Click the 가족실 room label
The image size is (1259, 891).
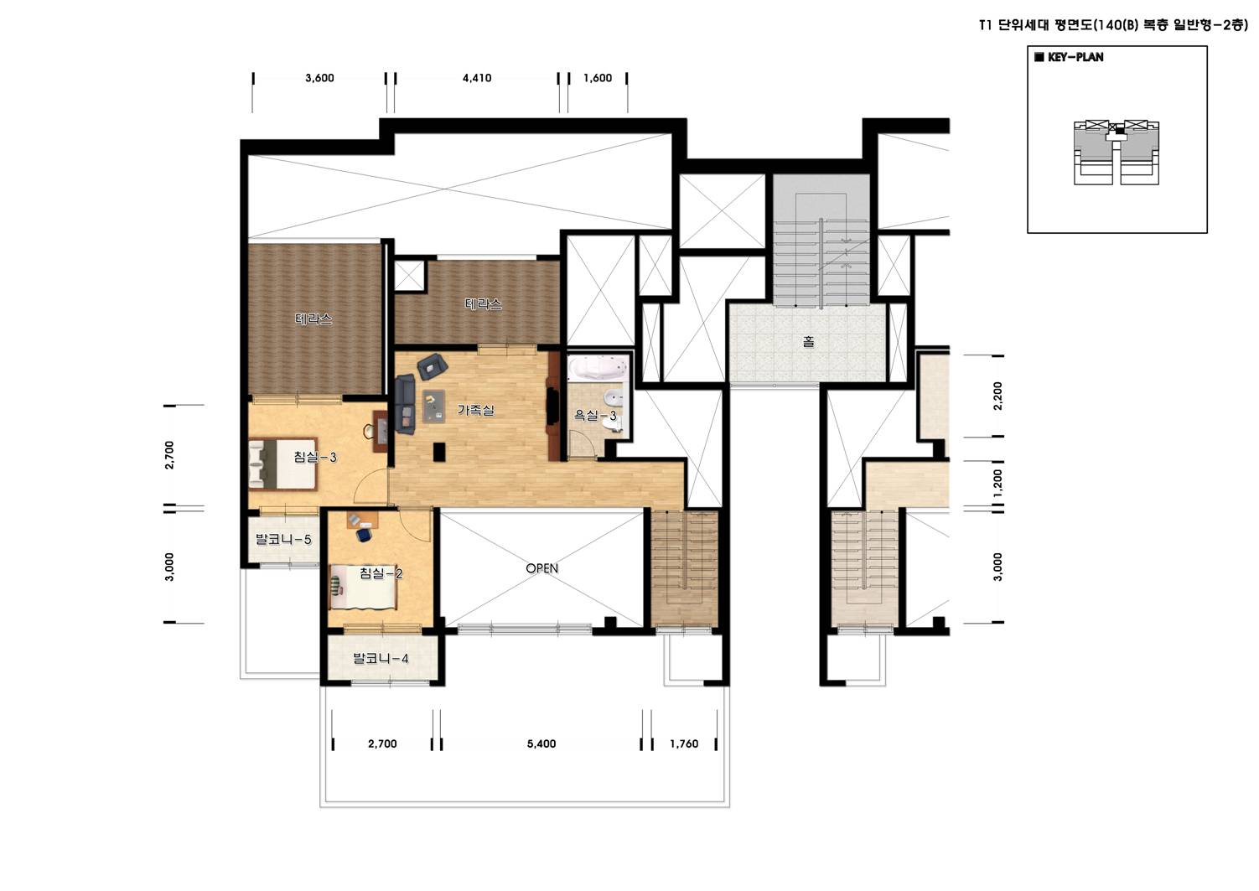(x=475, y=411)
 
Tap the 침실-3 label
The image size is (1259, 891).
(x=315, y=457)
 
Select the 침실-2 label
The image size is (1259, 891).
(x=381, y=573)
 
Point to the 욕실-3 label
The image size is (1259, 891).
(x=594, y=416)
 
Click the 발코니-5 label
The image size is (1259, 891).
(x=283, y=540)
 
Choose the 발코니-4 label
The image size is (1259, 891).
(x=381, y=658)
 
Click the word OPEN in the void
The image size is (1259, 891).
(x=541, y=568)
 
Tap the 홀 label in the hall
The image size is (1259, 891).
(x=808, y=341)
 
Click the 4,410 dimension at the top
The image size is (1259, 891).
(x=477, y=78)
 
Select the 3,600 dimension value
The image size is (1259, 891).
(x=319, y=78)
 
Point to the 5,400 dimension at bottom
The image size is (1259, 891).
(x=541, y=743)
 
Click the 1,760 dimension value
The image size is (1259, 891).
(x=684, y=743)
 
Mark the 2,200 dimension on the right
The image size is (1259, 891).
(x=997, y=396)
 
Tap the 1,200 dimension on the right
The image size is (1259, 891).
(x=997, y=484)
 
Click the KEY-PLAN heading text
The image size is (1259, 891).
(x=1075, y=57)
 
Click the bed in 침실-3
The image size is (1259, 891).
(x=282, y=464)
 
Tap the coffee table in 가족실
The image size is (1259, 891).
(x=433, y=407)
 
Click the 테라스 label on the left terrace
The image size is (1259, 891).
(x=313, y=319)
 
